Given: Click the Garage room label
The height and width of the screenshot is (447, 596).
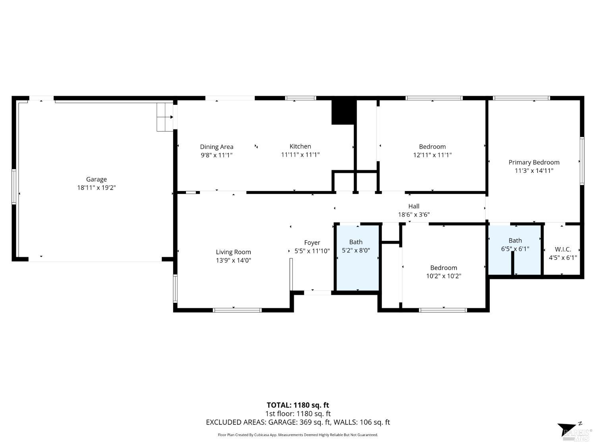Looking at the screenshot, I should pyautogui.click(x=96, y=179).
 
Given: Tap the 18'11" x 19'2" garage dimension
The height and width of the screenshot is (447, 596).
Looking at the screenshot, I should pyautogui.click(x=96, y=188).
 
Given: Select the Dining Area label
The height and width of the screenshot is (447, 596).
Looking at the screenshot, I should pyautogui.click(x=217, y=147).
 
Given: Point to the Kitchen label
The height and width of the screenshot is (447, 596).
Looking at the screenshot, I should pyautogui.click(x=300, y=146).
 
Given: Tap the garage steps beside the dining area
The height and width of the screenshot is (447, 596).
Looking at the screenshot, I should pyautogui.click(x=164, y=117).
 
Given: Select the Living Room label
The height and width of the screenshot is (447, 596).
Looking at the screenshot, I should pyautogui.click(x=233, y=252).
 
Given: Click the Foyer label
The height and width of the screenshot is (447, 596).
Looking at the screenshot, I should pyautogui.click(x=312, y=242).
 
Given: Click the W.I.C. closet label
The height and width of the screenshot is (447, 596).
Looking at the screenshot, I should pyautogui.click(x=563, y=249).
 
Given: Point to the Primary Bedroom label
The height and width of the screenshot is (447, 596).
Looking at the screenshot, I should pyautogui.click(x=534, y=162).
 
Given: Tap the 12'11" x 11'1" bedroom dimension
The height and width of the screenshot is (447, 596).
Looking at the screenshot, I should pyautogui.click(x=432, y=155).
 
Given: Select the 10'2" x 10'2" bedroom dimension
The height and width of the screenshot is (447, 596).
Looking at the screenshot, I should pyautogui.click(x=443, y=276).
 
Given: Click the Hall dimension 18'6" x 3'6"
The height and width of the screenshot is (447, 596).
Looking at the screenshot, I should pyautogui.click(x=414, y=215).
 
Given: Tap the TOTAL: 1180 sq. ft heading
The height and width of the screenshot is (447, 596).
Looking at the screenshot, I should pyautogui.click(x=298, y=405).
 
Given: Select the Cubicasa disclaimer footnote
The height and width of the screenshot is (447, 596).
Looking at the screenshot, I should pyautogui.click(x=298, y=435).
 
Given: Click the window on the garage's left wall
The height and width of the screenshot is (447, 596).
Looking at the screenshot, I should pyautogui.click(x=14, y=187).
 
